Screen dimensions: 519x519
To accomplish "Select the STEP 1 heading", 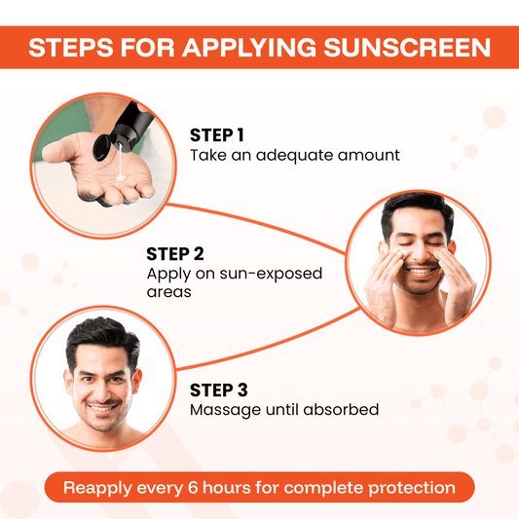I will (218, 135).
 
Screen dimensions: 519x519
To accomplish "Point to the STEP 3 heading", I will (218, 390).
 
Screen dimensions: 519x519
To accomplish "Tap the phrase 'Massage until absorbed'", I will (283, 410).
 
